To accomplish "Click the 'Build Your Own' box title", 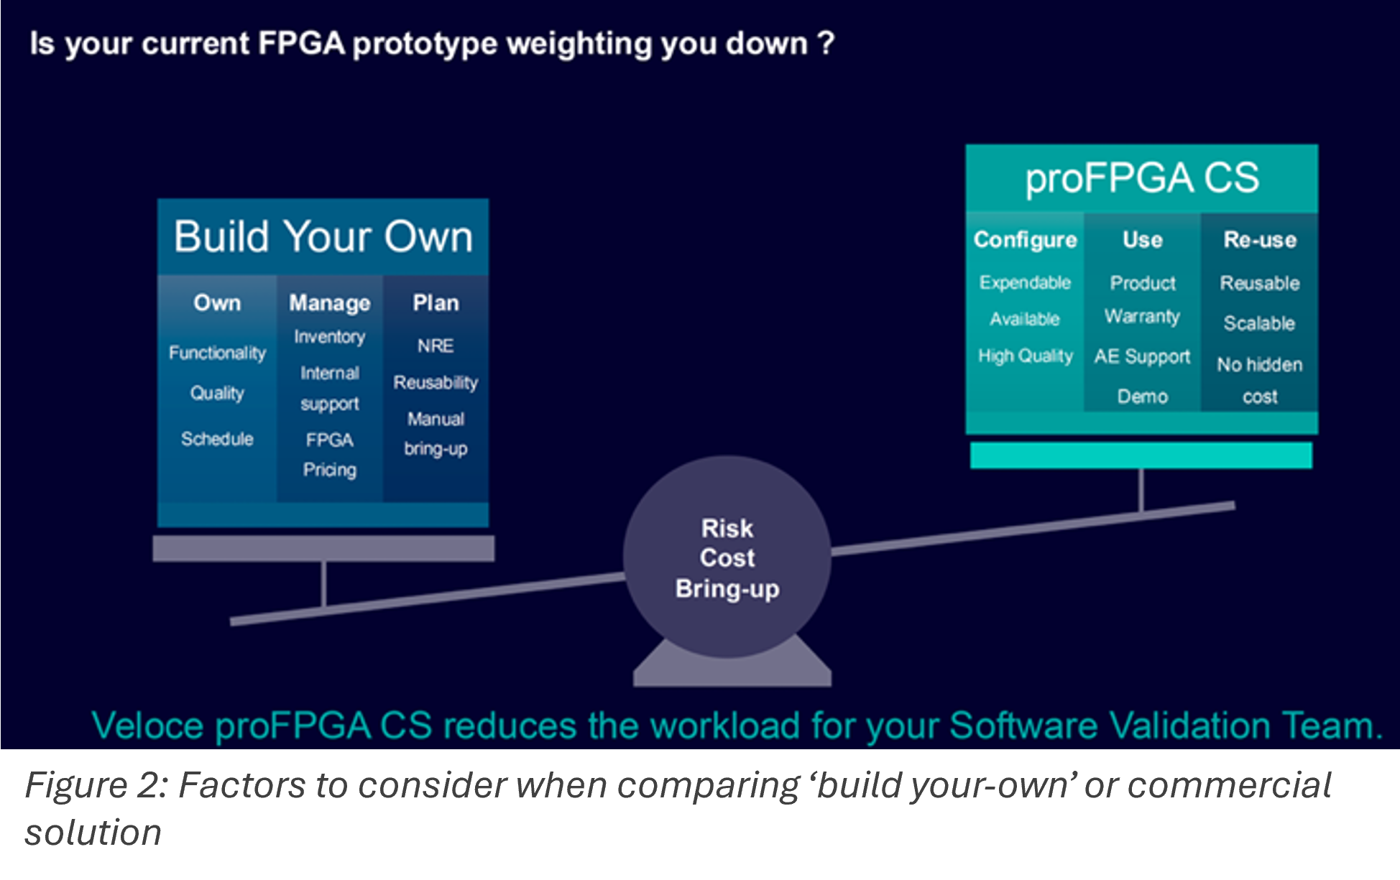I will [x=323, y=236].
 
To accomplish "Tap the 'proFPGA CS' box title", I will [x=1142, y=178].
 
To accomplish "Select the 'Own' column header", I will [x=217, y=302].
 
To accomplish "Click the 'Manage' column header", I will [x=330, y=302].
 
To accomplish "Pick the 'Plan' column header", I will [x=436, y=302].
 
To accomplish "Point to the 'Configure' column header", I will [x=1025, y=239].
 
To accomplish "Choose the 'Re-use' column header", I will [x=1260, y=239].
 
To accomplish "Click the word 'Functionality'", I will [x=217, y=353].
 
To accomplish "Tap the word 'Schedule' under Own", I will [x=217, y=439].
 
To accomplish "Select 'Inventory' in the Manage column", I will [x=330, y=337].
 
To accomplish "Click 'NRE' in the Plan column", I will [x=436, y=346].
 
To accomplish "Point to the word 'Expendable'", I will [x=1025, y=282].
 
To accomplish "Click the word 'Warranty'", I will [x=1142, y=317].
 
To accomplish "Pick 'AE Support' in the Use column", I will [x=1142, y=356].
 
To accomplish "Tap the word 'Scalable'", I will [x=1260, y=323].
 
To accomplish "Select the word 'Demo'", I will [x=1142, y=397].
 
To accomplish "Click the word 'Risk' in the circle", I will [x=727, y=529].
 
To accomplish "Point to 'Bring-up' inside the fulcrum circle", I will [x=727, y=589].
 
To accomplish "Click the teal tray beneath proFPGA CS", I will [x=1141, y=455].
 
